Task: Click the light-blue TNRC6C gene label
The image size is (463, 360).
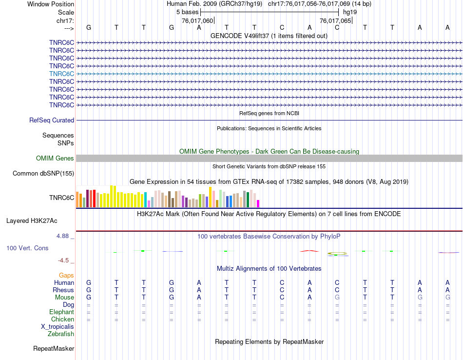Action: click(x=61, y=74)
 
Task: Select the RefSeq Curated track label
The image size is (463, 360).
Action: click(x=52, y=120)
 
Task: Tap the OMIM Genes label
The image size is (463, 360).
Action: click(x=55, y=158)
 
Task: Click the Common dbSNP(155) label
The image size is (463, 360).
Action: click(x=43, y=173)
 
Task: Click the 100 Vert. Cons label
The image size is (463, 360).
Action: click(x=27, y=248)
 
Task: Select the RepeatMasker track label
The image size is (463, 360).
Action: click(x=54, y=349)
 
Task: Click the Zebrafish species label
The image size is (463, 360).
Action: click(x=61, y=334)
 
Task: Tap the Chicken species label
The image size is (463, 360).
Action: click(x=62, y=320)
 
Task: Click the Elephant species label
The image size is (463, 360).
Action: click(x=61, y=312)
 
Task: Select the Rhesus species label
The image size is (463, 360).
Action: click(x=63, y=290)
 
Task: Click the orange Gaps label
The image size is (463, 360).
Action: click(x=66, y=276)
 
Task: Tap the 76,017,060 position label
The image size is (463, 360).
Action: click(x=197, y=21)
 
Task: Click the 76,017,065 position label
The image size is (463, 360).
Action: click(x=335, y=21)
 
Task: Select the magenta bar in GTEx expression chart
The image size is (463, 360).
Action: click(x=258, y=203)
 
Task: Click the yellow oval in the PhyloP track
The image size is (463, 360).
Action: click(x=337, y=253)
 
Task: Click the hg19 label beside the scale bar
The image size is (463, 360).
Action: click(x=350, y=11)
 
